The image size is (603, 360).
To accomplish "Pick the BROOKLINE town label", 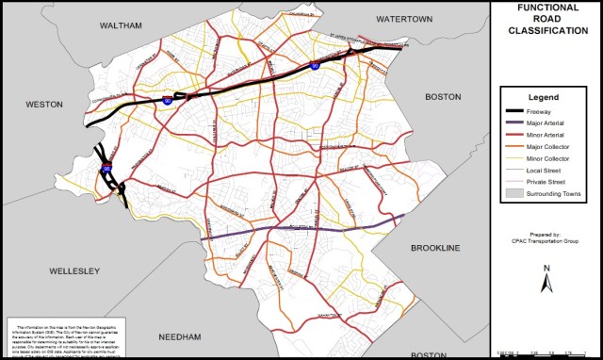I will coord(436,247).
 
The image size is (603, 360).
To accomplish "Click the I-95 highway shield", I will coord(107,169).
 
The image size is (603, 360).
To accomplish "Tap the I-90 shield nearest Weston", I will coord(168,97).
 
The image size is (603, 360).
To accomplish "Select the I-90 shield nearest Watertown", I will coord(314,66).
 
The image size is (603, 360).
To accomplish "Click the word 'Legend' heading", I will coord(544,98).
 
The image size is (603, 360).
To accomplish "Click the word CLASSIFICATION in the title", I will coord(547,30).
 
